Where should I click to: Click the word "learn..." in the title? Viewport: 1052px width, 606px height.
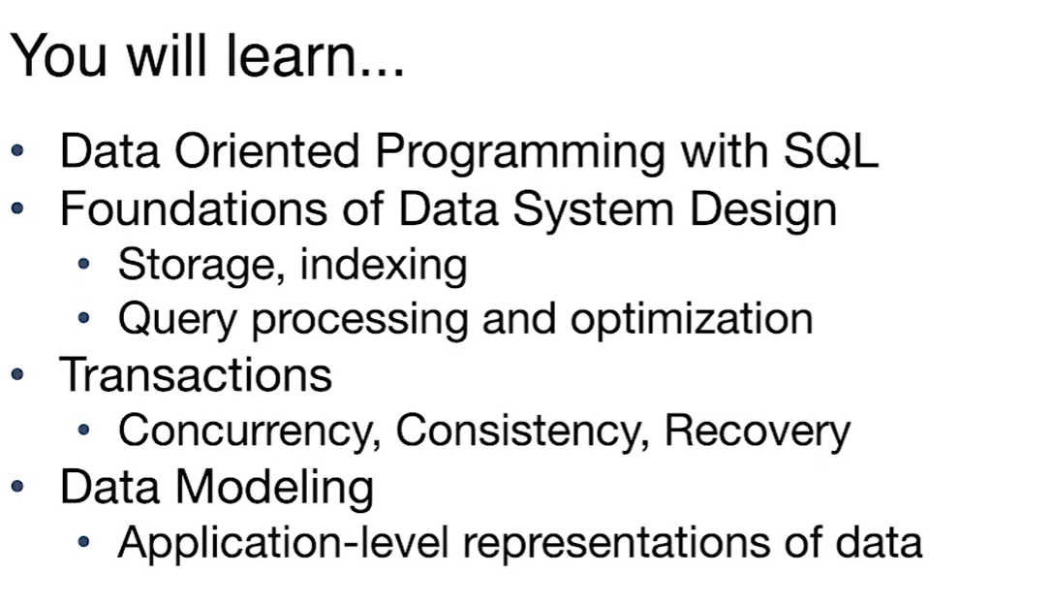click(x=316, y=55)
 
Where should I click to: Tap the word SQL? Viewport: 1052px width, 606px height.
click(x=830, y=151)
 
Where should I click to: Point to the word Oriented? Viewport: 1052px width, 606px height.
click(x=267, y=150)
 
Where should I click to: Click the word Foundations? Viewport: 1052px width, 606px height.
click(x=194, y=208)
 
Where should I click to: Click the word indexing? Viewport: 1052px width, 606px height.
click(x=384, y=266)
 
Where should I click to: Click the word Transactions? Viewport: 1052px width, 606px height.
click(x=196, y=374)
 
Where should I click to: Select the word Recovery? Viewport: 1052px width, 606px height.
click(x=758, y=432)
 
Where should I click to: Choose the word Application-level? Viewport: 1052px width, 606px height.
click(x=283, y=544)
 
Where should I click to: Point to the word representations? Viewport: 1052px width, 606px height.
click(x=616, y=544)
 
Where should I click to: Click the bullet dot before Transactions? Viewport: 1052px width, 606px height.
click(x=17, y=374)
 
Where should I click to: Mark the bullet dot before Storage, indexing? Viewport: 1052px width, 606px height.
click(x=84, y=264)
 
